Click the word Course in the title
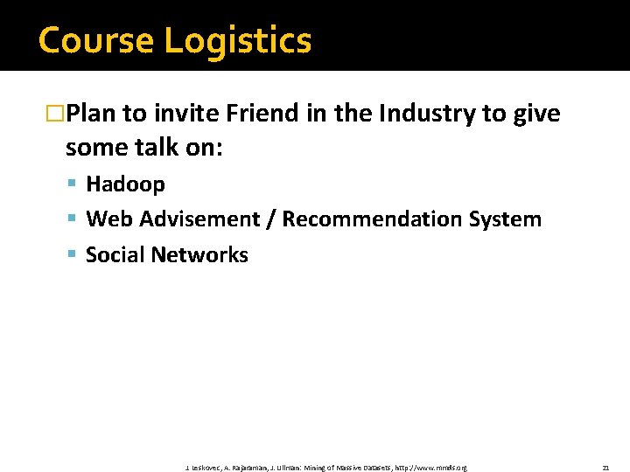pyautogui.click(x=95, y=41)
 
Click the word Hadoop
pyautogui.click(x=125, y=184)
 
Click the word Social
pyautogui.click(x=115, y=255)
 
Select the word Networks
pyautogui.click(x=199, y=255)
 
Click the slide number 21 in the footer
pyautogui.click(x=605, y=468)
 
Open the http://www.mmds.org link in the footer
pyautogui.click(x=431, y=468)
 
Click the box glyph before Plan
pyautogui.click(x=55, y=115)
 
